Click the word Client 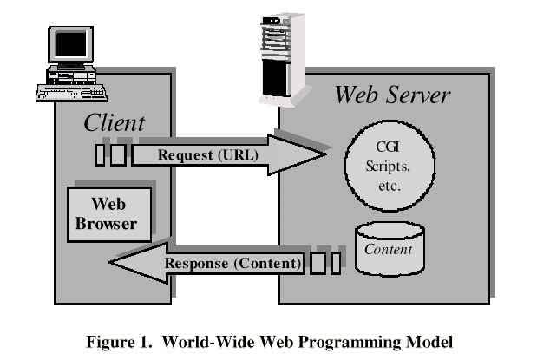click(x=114, y=123)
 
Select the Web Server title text click(x=392, y=95)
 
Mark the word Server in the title click(x=417, y=95)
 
